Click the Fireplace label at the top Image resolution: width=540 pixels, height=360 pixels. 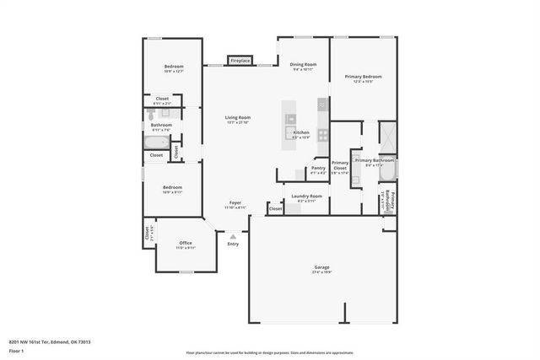[240, 61]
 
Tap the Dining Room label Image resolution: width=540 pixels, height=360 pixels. [303, 65]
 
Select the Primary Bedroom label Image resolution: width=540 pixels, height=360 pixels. [363, 77]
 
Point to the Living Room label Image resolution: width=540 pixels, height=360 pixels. [237, 117]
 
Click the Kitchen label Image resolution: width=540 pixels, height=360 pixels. [300, 132]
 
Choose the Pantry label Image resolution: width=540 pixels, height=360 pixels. [318, 168]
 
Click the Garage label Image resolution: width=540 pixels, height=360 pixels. [321, 267]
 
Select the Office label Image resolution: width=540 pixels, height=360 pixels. [185, 243]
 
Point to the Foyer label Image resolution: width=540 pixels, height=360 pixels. [235, 203]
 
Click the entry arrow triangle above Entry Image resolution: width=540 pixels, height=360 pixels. [233, 236]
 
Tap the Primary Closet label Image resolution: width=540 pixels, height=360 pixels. [340, 164]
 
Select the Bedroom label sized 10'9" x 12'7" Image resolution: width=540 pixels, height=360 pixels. [173, 67]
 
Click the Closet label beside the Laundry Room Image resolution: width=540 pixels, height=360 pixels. [275, 208]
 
